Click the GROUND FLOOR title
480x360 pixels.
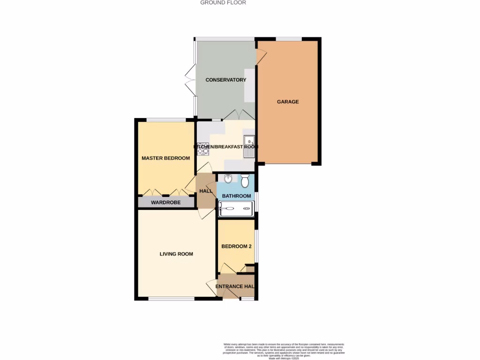tap(223, 3)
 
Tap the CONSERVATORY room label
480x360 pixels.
tap(226, 80)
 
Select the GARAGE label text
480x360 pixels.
tap(288, 102)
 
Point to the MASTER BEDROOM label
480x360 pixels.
tap(166, 158)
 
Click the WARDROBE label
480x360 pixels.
tap(166, 202)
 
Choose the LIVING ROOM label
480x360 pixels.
tap(176, 254)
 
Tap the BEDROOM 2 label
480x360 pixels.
tap(237, 247)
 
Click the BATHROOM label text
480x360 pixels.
tap(237, 195)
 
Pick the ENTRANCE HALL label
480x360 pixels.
tap(236, 286)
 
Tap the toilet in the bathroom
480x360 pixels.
tap(245, 181)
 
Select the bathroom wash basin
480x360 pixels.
tap(228, 179)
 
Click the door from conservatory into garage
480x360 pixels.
tap(261, 57)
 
